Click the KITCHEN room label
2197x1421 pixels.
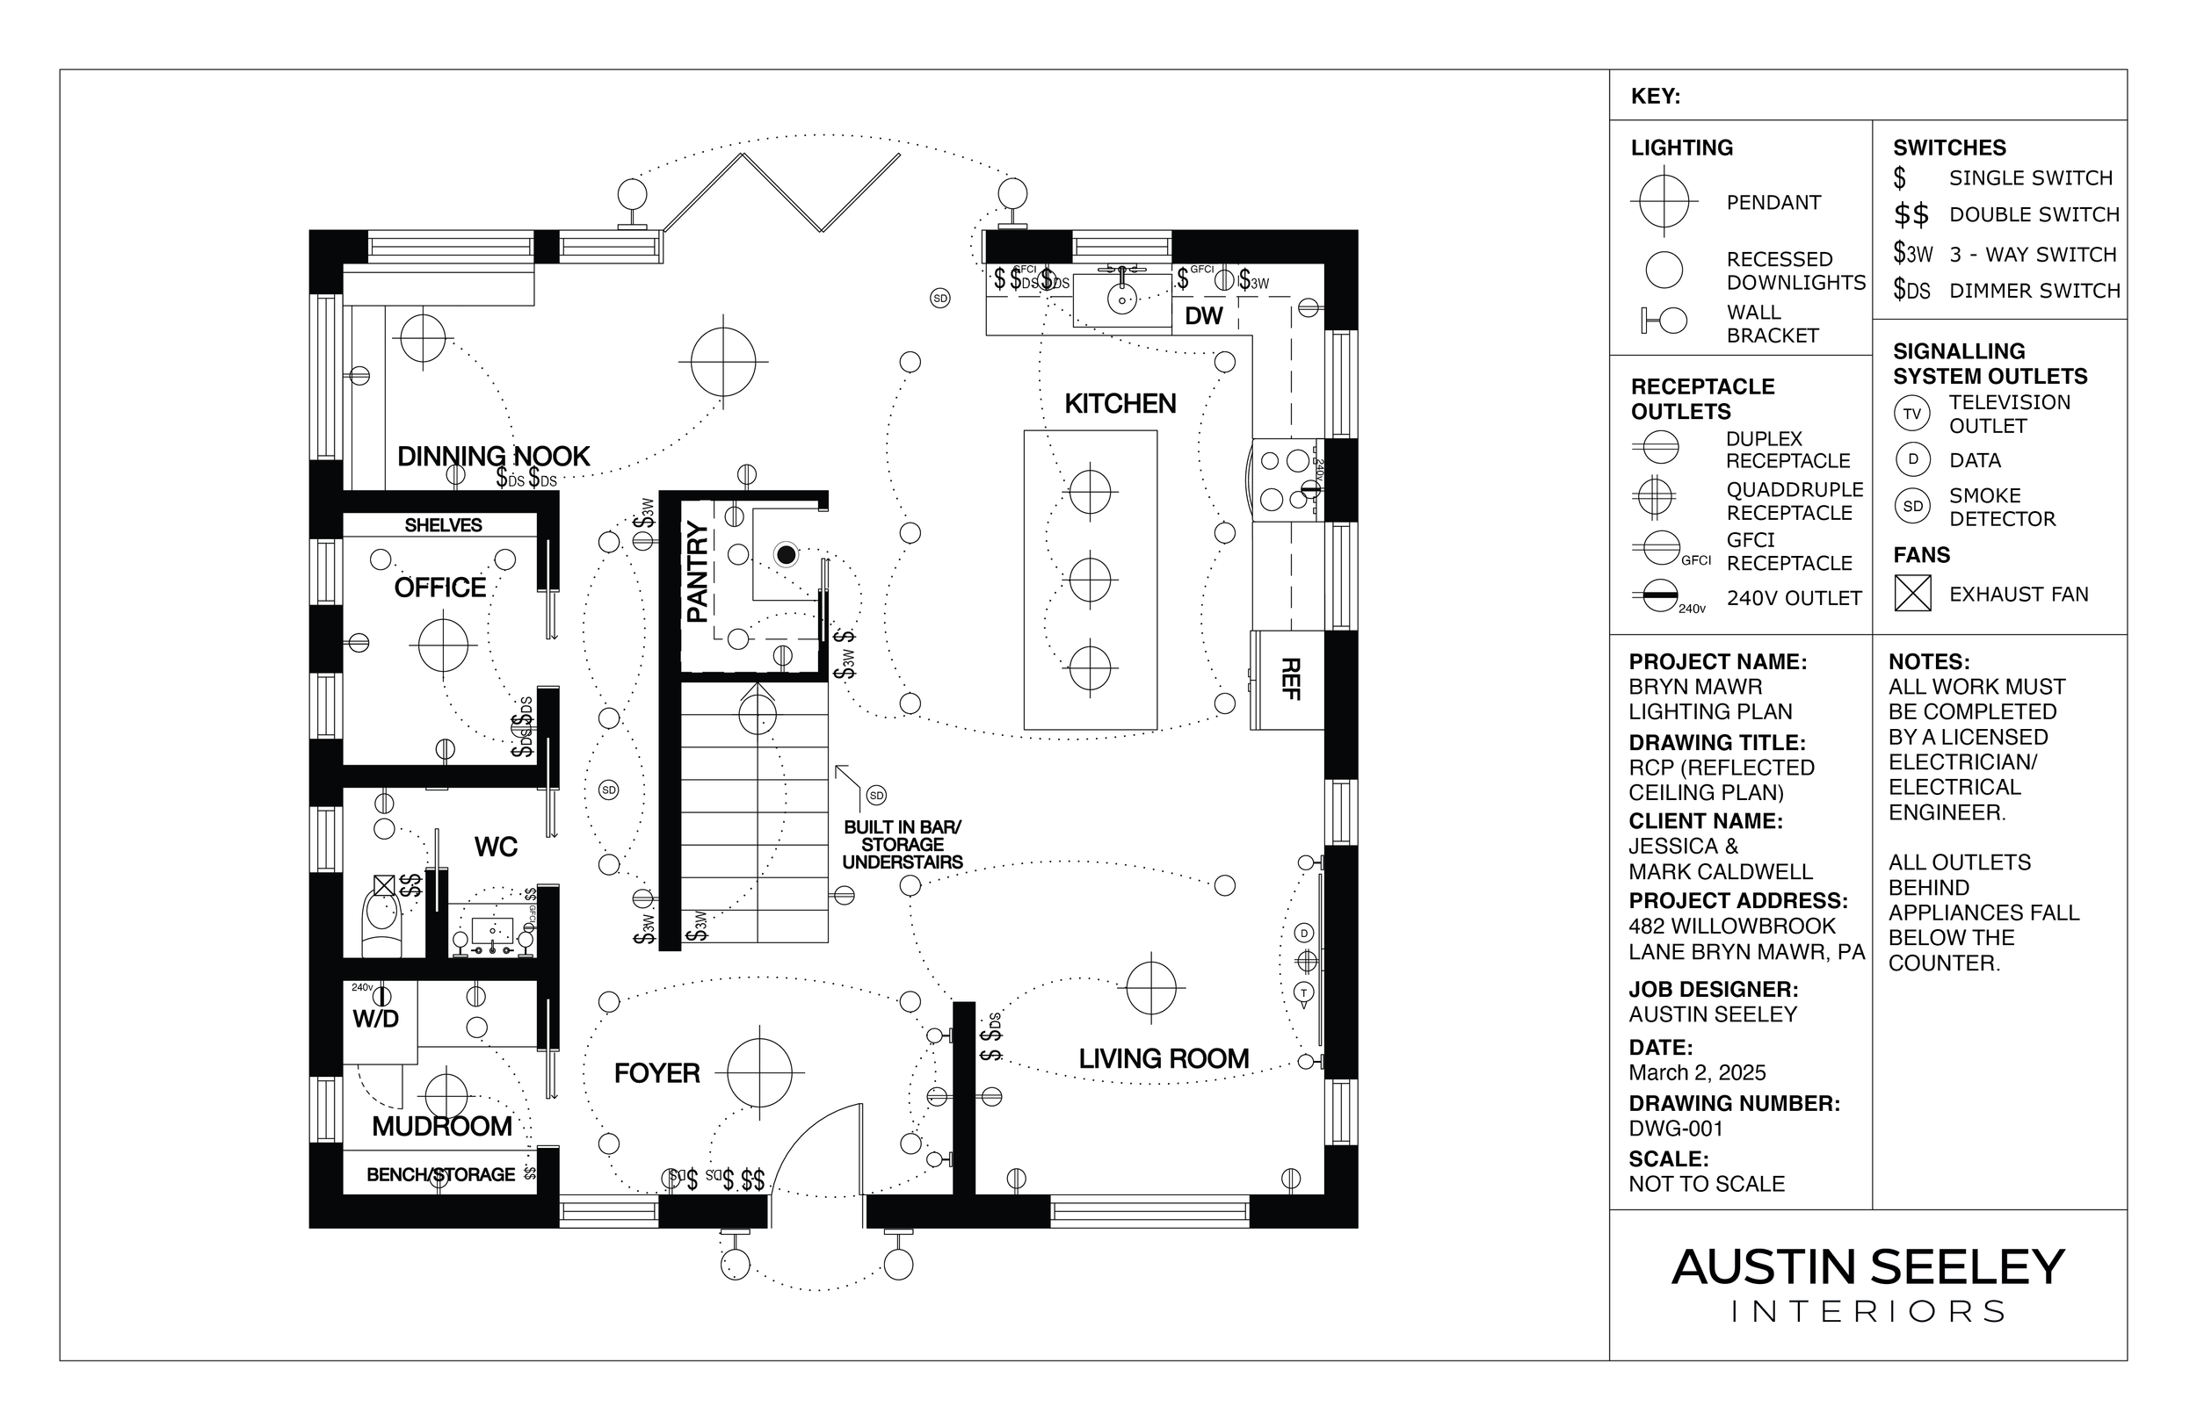coord(1120,404)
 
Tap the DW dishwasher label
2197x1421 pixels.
coord(1204,316)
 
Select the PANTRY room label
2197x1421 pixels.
coord(698,572)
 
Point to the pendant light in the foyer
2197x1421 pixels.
coord(759,1072)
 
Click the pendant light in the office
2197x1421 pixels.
coord(443,645)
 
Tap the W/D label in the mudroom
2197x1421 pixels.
coord(376,1020)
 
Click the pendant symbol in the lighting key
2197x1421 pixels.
coord(1664,201)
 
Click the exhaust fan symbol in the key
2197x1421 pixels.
coord(1912,594)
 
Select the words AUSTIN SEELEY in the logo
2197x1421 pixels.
coord(1867,1268)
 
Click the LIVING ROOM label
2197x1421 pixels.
coord(1164,1059)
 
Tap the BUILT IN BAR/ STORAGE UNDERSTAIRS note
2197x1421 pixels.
coord(902,845)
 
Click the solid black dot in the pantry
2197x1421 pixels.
coord(786,554)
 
